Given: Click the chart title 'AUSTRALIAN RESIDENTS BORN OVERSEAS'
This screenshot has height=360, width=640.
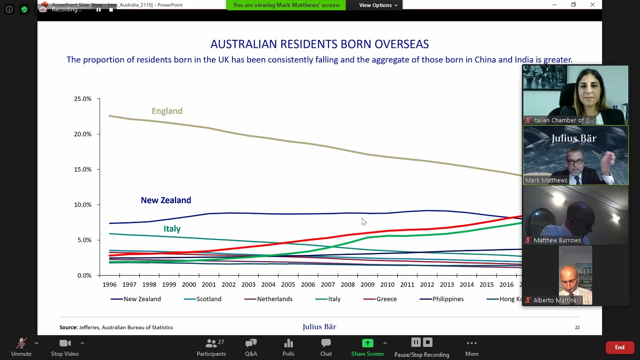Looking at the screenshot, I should pos(320,45).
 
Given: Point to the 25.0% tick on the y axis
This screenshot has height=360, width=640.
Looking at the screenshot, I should pos(82,99).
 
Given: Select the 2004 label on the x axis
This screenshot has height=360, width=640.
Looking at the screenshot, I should pos(268,285).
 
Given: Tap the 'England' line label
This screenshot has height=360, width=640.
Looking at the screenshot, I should pos(167,111).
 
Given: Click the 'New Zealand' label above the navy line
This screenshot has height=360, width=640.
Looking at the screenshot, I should pos(166,200).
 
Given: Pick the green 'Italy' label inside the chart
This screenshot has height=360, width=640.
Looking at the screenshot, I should pos(172,229).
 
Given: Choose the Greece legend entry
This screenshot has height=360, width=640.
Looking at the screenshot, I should pos(386,299).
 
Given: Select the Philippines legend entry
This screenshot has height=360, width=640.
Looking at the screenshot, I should pos(447,299).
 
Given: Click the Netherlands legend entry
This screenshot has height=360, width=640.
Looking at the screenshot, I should pos(274,299).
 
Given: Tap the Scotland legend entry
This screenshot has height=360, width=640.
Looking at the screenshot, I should pos(208,299).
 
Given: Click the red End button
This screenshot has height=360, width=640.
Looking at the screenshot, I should pos(619,347).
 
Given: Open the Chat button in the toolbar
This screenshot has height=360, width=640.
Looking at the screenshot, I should pos(326,347).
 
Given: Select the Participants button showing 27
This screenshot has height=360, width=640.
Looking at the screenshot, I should pos(211,347).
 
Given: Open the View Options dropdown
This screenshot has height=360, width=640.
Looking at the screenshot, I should pos(378,5).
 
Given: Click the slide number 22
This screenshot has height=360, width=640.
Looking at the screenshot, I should pos(577,328).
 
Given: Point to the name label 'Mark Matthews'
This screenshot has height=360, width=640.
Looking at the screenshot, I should pos(546,180).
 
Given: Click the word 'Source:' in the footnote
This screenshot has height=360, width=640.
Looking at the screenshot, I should pos(68,328).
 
